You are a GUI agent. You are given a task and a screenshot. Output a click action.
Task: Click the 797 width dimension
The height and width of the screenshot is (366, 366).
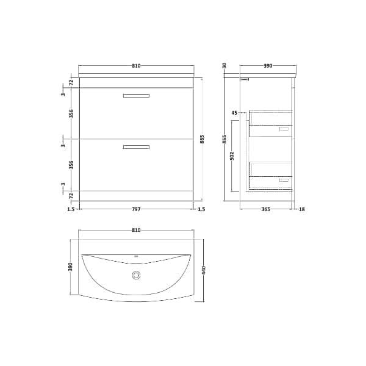coord(136,209)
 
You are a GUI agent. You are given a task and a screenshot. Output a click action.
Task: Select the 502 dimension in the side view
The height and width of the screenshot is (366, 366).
coord(232,156)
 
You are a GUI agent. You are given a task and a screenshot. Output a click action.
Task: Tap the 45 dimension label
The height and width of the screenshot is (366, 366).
coord(234,113)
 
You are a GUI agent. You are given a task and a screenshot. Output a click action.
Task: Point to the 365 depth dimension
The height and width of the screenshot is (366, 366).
coord(265,209)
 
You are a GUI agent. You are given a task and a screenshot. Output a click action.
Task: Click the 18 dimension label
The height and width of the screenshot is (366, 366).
coord(302,209)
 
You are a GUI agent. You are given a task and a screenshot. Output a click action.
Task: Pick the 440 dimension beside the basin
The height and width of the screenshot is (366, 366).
coord(204,270)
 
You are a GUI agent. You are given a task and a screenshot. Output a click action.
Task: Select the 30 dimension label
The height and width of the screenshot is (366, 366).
coord(224,66)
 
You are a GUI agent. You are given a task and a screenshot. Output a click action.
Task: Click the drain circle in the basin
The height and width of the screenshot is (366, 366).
coord(136,275)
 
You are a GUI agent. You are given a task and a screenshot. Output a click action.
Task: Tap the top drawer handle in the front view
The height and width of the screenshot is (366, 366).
coord(136,96)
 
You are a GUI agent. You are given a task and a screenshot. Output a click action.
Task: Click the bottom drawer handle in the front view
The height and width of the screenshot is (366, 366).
coord(136,147)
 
